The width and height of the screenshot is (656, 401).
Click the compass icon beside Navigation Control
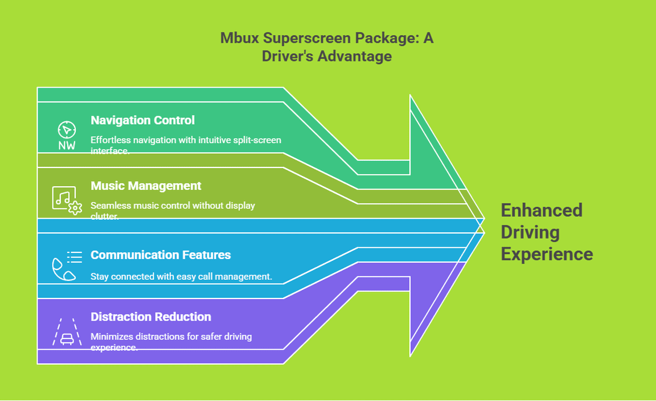(67, 130)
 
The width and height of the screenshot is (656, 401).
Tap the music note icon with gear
(67, 199)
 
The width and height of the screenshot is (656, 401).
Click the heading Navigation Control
(142, 120)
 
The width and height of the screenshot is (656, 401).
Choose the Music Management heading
(146, 186)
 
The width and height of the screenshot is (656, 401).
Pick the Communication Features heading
(161, 255)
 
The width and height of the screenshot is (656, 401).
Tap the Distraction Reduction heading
(151, 317)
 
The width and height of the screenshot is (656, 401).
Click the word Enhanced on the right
(542, 210)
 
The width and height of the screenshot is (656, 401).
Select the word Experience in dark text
(547, 253)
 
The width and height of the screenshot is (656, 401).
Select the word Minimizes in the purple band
(112, 337)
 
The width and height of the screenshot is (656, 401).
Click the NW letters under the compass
(67, 146)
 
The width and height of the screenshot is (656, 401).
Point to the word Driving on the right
(530, 232)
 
